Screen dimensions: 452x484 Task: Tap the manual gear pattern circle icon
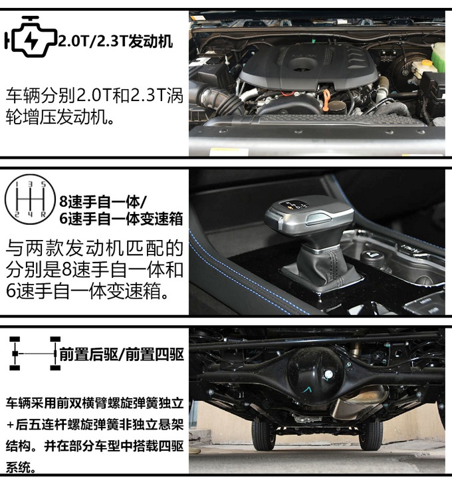pos(30,199)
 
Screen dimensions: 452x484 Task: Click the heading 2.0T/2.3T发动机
pos(116,41)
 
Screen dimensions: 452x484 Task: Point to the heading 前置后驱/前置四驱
pos(122,354)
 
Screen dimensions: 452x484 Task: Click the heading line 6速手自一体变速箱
pos(121,219)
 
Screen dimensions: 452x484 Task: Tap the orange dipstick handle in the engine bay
pos(326,100)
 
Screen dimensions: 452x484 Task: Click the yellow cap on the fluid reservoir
pos(426,64)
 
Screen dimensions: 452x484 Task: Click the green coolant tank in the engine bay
pos(438,57)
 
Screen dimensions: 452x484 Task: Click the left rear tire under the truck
pos(263,434)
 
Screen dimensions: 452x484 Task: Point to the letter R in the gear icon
pos(43,214)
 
